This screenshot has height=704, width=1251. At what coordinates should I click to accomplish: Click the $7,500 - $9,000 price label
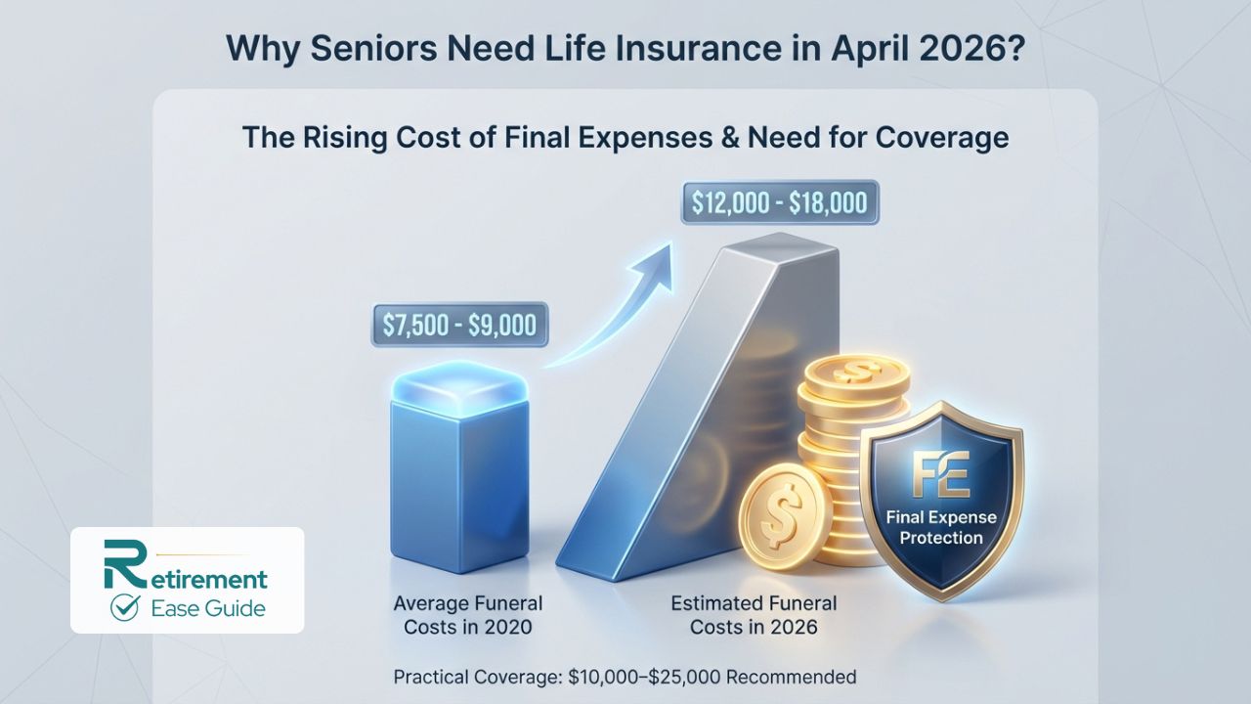coord(454,324)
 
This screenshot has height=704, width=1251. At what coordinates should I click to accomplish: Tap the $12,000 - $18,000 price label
coord(779,205)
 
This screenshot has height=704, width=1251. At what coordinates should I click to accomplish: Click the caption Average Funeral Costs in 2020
coord(467,614)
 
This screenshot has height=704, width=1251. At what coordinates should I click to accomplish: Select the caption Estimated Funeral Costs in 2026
coord(742,614)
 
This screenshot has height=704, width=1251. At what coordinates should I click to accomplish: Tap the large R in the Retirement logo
coord(119,566)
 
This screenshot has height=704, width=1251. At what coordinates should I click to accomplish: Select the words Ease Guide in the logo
coord(207,608)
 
